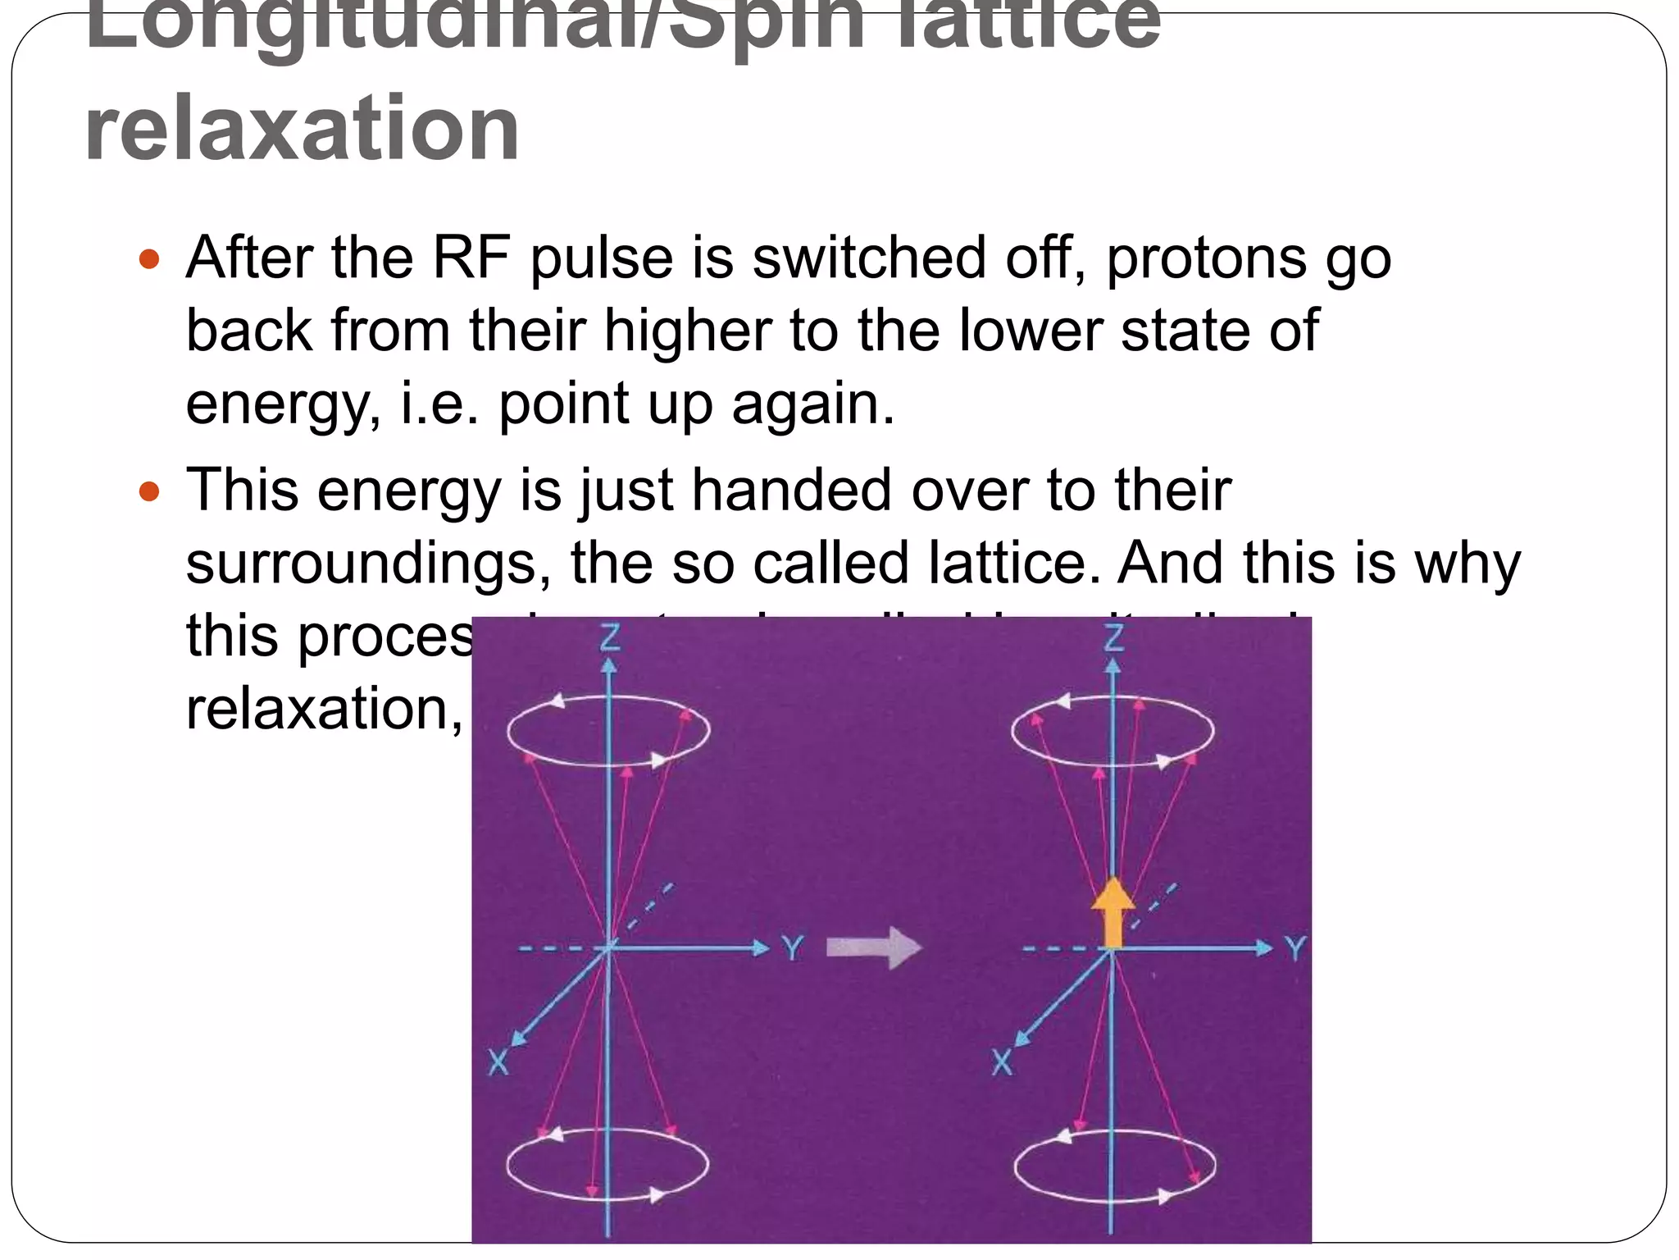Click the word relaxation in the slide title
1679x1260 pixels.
pos(302,128)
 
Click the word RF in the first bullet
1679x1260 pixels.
pos(471,258)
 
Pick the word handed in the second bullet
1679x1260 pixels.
pos(791,491)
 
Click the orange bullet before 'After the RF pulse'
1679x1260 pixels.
pos(149,260)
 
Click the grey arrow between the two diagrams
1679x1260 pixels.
pos(874,948)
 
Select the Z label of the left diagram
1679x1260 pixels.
pos(610,637)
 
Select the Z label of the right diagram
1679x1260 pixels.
pos(1113,637)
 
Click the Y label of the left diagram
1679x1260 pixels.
pos(792,949)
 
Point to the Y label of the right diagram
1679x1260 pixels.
pos(1295,949)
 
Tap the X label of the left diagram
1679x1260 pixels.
pos(498,1064)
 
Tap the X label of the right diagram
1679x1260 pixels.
pos(1002,1064)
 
